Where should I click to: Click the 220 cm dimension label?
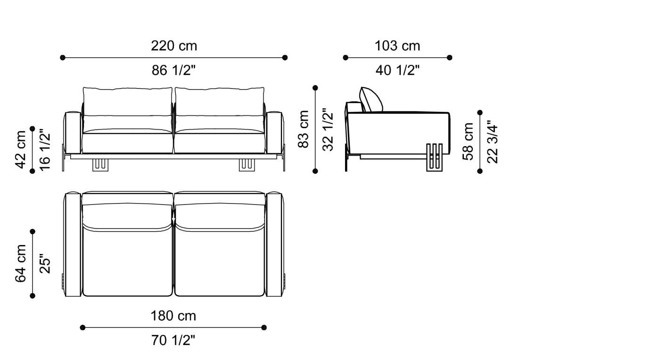(x=174, y=46)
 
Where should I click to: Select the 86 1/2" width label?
(x=174, y=71)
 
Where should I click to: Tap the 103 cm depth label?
(x=397, y=46)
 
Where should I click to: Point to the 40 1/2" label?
(x=397, y=71)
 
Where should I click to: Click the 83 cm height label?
(x=304, y=129)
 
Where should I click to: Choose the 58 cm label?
(x=468, y=141)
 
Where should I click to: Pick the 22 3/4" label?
(x=492, y=142)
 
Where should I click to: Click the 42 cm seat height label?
(x=21, y=149)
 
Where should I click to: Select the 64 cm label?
(x=21, y=263)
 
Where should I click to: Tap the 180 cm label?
(x=173, y=316)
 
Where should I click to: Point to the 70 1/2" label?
(x=173, y=340)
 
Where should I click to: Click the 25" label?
(x=45, y=263)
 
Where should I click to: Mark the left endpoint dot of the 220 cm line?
(x=63, y=57)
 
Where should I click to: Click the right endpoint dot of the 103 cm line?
(x=449, y=57)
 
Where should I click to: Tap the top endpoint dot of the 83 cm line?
(x=315, y=88)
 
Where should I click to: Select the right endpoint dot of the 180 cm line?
(x=264, y=327)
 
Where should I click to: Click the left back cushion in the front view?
(x=128, y=101)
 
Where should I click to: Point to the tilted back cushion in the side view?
(x=371, y=99)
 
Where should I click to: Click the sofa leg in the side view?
(x=435, y=157)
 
